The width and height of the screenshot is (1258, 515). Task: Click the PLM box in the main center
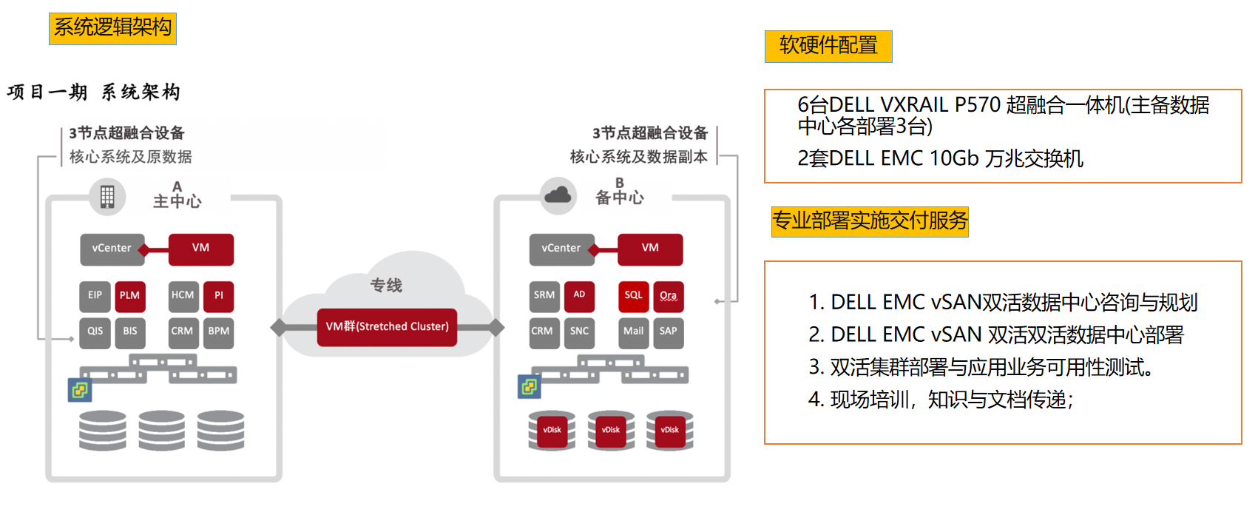(x=129, y=295)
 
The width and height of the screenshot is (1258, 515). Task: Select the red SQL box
(x=633, y=295)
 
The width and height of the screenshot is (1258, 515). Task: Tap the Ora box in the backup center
(x=668, y=295)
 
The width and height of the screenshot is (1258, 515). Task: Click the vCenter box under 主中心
(x=112, y=249)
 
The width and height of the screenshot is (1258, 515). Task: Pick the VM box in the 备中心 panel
(x=650, y=249)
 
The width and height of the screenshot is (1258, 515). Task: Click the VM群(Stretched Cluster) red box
(x=387, y=327)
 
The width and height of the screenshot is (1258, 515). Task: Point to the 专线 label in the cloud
(x=386, y=286)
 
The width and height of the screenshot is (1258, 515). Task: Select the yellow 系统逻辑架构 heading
(x=112, y=28)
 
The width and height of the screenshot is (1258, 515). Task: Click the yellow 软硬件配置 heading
(x=828, y=46)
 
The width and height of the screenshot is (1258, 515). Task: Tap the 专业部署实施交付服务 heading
(x=870, y=221)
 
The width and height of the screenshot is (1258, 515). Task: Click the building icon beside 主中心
(x=107, y=197)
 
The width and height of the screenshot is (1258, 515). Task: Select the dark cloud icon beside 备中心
(x=558, y=195)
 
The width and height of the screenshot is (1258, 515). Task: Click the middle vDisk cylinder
(x=611, y=431)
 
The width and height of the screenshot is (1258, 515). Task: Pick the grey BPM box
(x=218, y=331)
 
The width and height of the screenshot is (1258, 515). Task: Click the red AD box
(x=579, y=295)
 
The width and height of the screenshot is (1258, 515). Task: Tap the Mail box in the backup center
(x=633, y=331)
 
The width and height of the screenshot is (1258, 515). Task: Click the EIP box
(x=95, y=295)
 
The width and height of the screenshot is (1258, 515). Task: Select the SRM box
(x=544, y=295)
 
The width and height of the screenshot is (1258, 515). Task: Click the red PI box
(x=218, y=295)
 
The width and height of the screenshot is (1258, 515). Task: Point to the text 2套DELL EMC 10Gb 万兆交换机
(x=940, y=159)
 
